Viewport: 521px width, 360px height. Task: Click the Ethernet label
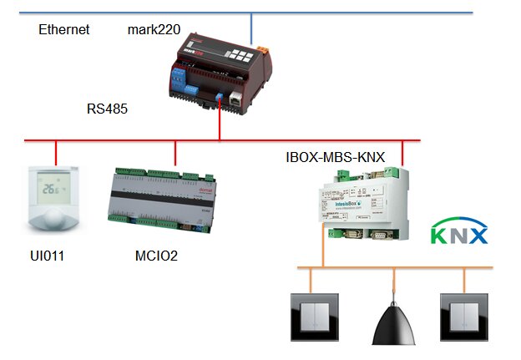coord(64,30)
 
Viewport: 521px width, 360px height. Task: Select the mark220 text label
coord(154,30)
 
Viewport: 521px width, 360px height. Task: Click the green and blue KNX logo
coord(458,233)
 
